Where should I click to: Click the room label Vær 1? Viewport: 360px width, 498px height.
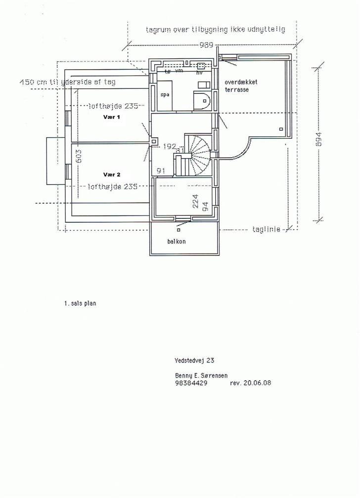tap(111, 118)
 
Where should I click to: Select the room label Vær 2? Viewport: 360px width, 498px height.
tap(111, 174)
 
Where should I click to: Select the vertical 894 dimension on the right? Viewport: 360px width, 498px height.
tap(319, 143)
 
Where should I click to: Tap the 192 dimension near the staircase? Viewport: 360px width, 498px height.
tap(170, 146)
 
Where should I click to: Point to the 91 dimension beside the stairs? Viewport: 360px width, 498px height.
tap(160, 170)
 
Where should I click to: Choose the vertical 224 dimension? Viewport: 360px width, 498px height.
tap(195, 202)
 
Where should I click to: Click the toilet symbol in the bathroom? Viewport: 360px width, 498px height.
tap(202, 101)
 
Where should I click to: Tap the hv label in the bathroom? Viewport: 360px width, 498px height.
tap(200, 73)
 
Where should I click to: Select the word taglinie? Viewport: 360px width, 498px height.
tap(266, 229)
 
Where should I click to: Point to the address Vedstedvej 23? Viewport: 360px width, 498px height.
tap(194, 361)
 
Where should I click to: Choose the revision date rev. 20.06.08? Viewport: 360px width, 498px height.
tap(251, 383)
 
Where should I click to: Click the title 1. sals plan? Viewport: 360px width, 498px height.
tap(80, 304)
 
